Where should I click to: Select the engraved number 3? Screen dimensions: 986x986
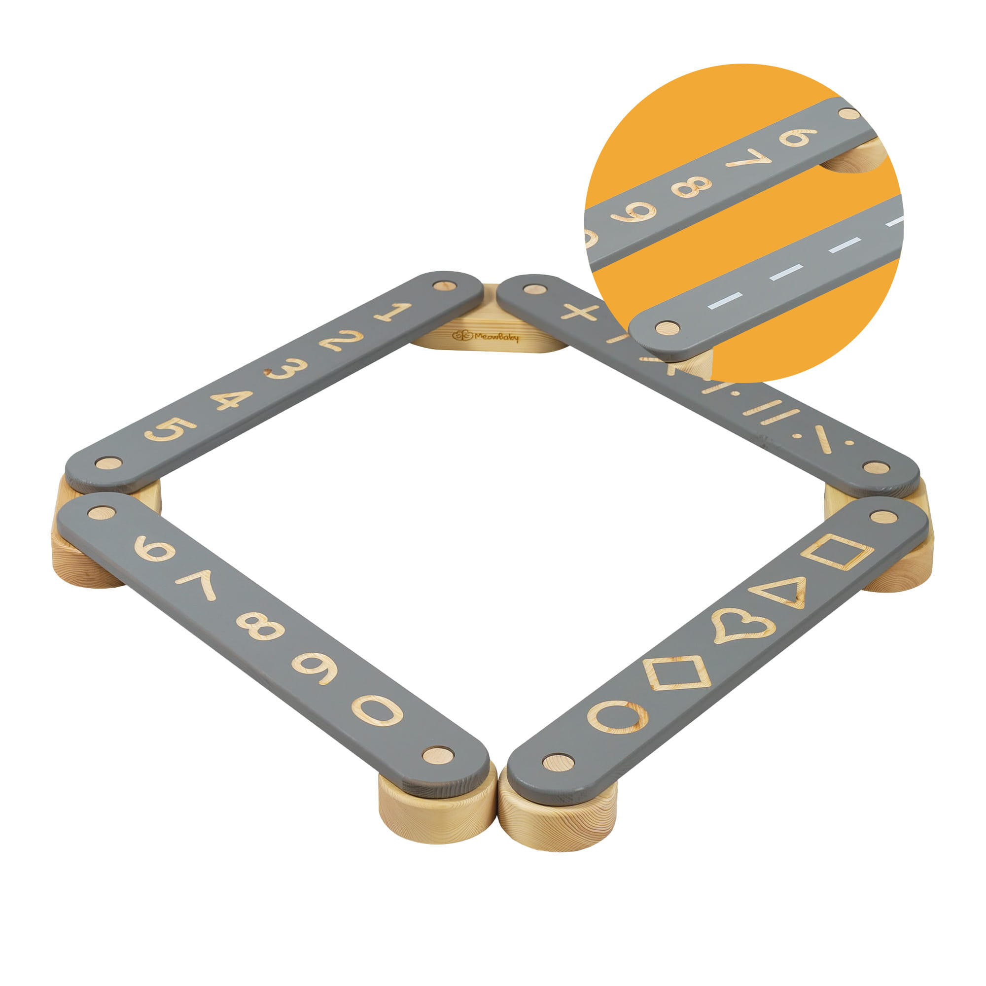click(286, 368)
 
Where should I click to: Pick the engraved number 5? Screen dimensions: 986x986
click(170, 429)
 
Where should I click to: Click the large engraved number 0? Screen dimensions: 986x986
click(377, 710)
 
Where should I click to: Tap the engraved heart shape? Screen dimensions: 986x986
click(743, 625)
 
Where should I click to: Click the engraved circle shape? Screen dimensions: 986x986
click(618, 716)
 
